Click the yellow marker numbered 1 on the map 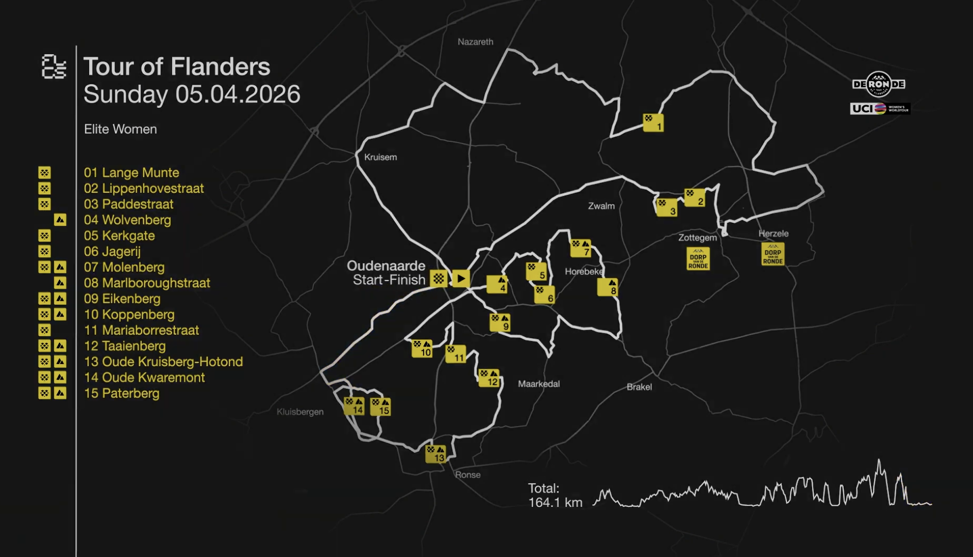click(653, 123)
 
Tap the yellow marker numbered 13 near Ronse click(435, 454)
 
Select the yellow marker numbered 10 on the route click(422, 349)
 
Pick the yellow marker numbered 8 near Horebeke click(608, 287)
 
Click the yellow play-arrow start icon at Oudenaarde click(461, 278)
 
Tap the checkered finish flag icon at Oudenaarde click(439, 278)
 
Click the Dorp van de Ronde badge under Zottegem click(698, 259)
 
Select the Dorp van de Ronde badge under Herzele click(773, 254)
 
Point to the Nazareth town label click(475, 42)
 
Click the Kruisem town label click(380, 157)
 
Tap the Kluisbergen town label click(300, 412)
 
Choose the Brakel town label click(639, 387)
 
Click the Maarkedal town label click(539, 384)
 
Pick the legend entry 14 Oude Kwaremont click(144, 378)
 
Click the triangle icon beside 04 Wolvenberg click(60, 220)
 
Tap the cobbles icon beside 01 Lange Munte click(45, 173)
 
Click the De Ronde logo click(879, 84)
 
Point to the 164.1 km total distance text click(555, 502)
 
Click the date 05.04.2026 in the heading click(238, 94)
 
